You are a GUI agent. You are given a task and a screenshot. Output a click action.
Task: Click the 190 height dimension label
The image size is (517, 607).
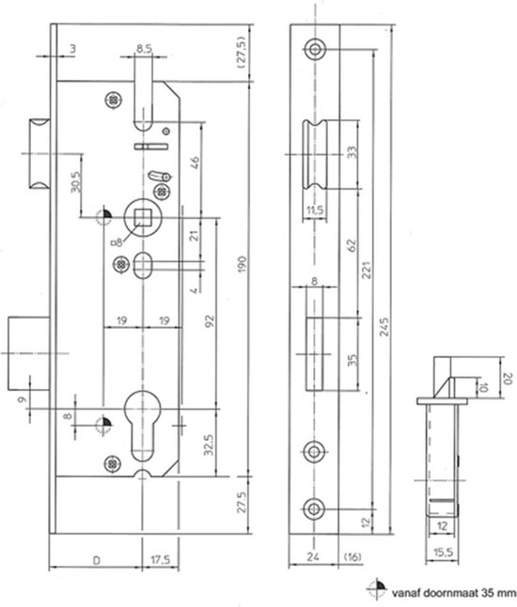[x=242, y=264]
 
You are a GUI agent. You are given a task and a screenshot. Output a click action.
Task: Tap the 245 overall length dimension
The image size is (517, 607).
[x=384, y=327]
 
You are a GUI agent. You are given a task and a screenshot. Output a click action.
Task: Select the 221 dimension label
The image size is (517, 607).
[x=366, y=270]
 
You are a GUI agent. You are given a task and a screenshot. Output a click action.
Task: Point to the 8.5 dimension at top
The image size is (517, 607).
[x=144, y=49]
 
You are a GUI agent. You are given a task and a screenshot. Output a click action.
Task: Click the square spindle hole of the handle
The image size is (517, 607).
[x=143, y=218]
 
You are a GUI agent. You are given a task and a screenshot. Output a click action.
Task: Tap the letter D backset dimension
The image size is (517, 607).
[x=97, y=560]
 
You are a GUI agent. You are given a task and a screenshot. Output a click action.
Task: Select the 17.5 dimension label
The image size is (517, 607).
[x=161, y=560]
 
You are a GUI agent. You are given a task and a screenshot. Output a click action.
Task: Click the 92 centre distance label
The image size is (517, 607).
[x=210, y=321]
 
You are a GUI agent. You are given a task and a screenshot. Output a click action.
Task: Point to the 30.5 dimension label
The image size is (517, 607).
[x=76, y=182]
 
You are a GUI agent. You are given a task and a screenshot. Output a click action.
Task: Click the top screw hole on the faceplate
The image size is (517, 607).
[x=315, y=49]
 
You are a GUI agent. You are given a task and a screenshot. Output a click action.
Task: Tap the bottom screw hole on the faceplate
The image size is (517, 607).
[x=314, y=508]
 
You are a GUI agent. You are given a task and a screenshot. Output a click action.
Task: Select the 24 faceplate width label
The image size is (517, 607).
[x=313, y=556]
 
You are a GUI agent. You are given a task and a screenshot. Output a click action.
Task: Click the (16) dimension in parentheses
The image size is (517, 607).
[x=352, y=556]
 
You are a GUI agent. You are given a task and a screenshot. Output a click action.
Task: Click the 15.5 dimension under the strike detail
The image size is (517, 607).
[x=443, y=552]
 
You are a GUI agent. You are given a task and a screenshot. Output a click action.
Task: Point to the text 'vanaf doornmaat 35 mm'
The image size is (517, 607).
[x=453, y=593]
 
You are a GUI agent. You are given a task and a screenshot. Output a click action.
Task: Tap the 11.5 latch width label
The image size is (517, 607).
[x=315, y=210]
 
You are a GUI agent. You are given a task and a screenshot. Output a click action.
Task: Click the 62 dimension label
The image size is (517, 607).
[x=352, y=245]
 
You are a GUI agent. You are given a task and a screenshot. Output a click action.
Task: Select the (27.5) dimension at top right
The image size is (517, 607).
[x=241, y=53]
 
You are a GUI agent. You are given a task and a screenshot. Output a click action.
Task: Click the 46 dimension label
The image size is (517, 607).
[x=195, y=163]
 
